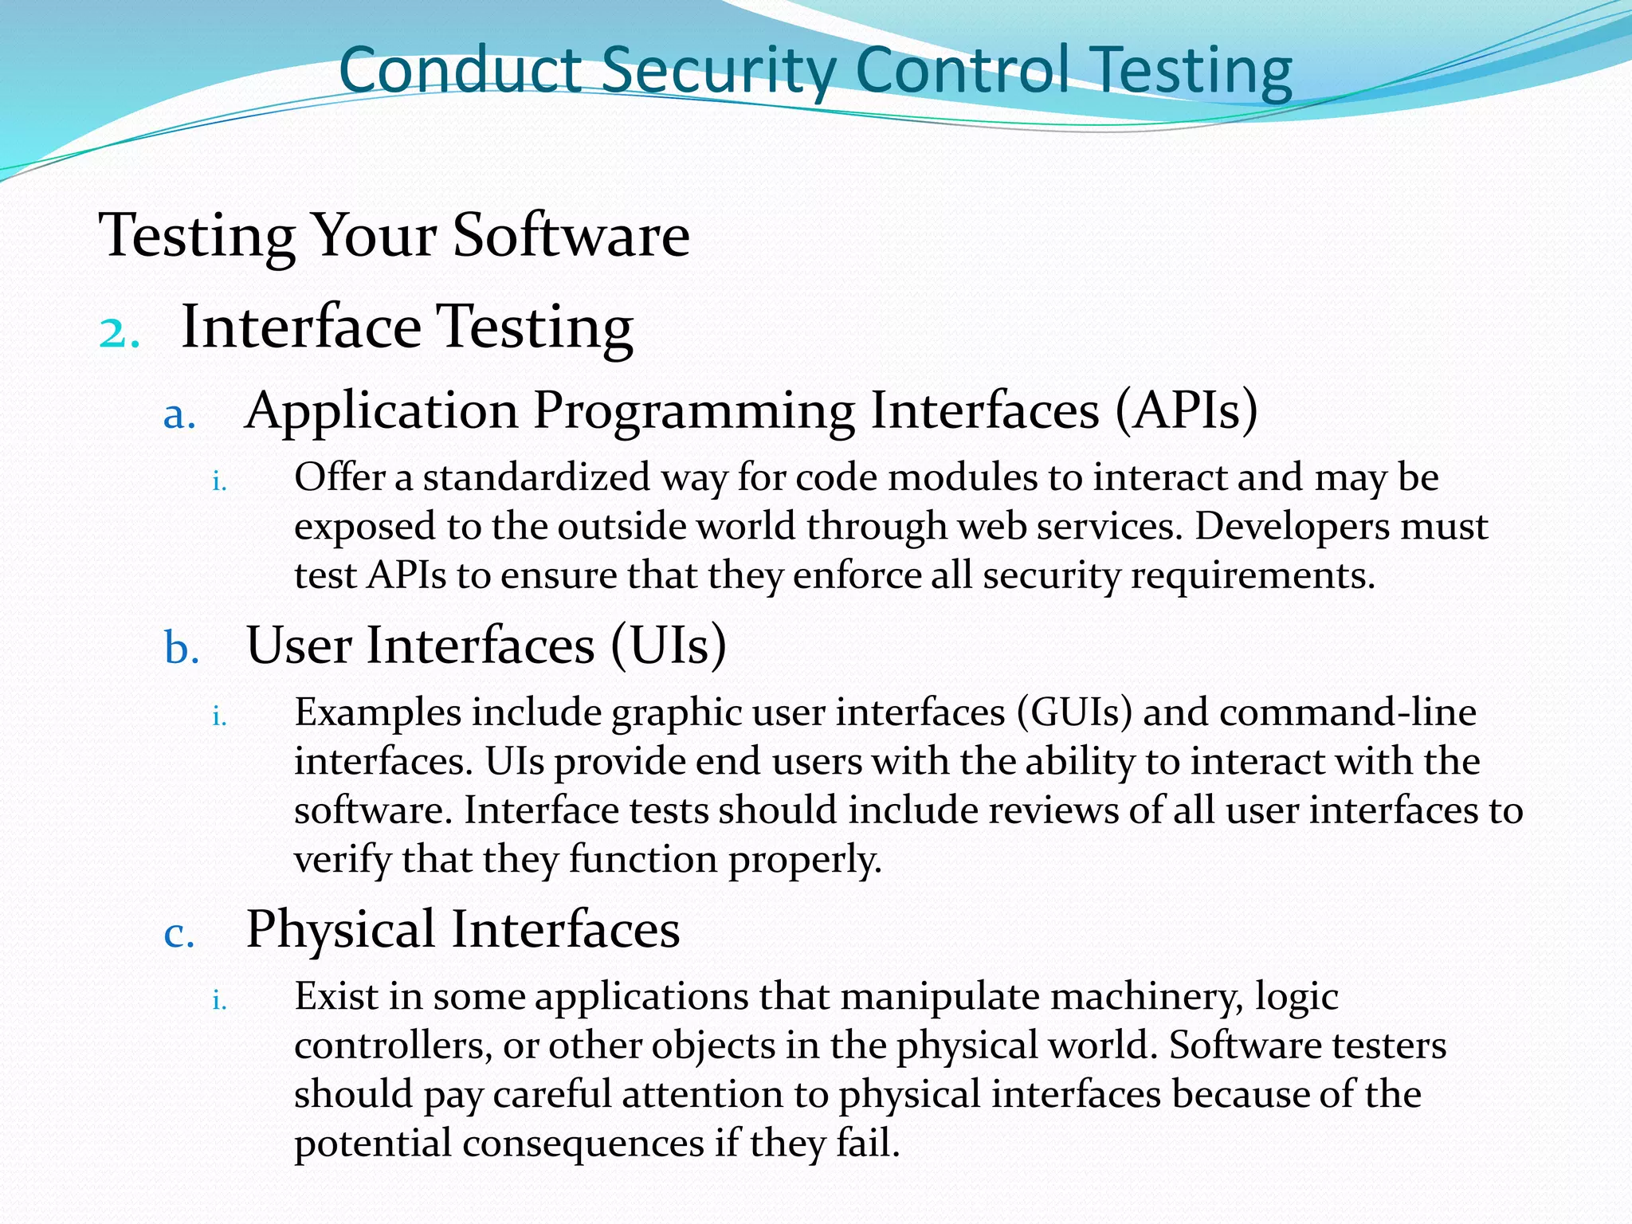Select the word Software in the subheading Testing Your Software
[571, 236]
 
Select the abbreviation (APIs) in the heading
[1186, 411]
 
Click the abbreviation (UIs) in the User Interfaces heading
[669, 645]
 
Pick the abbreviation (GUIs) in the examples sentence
[1074, 712]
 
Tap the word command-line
[1348, 712]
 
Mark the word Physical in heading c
[340, 930]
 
